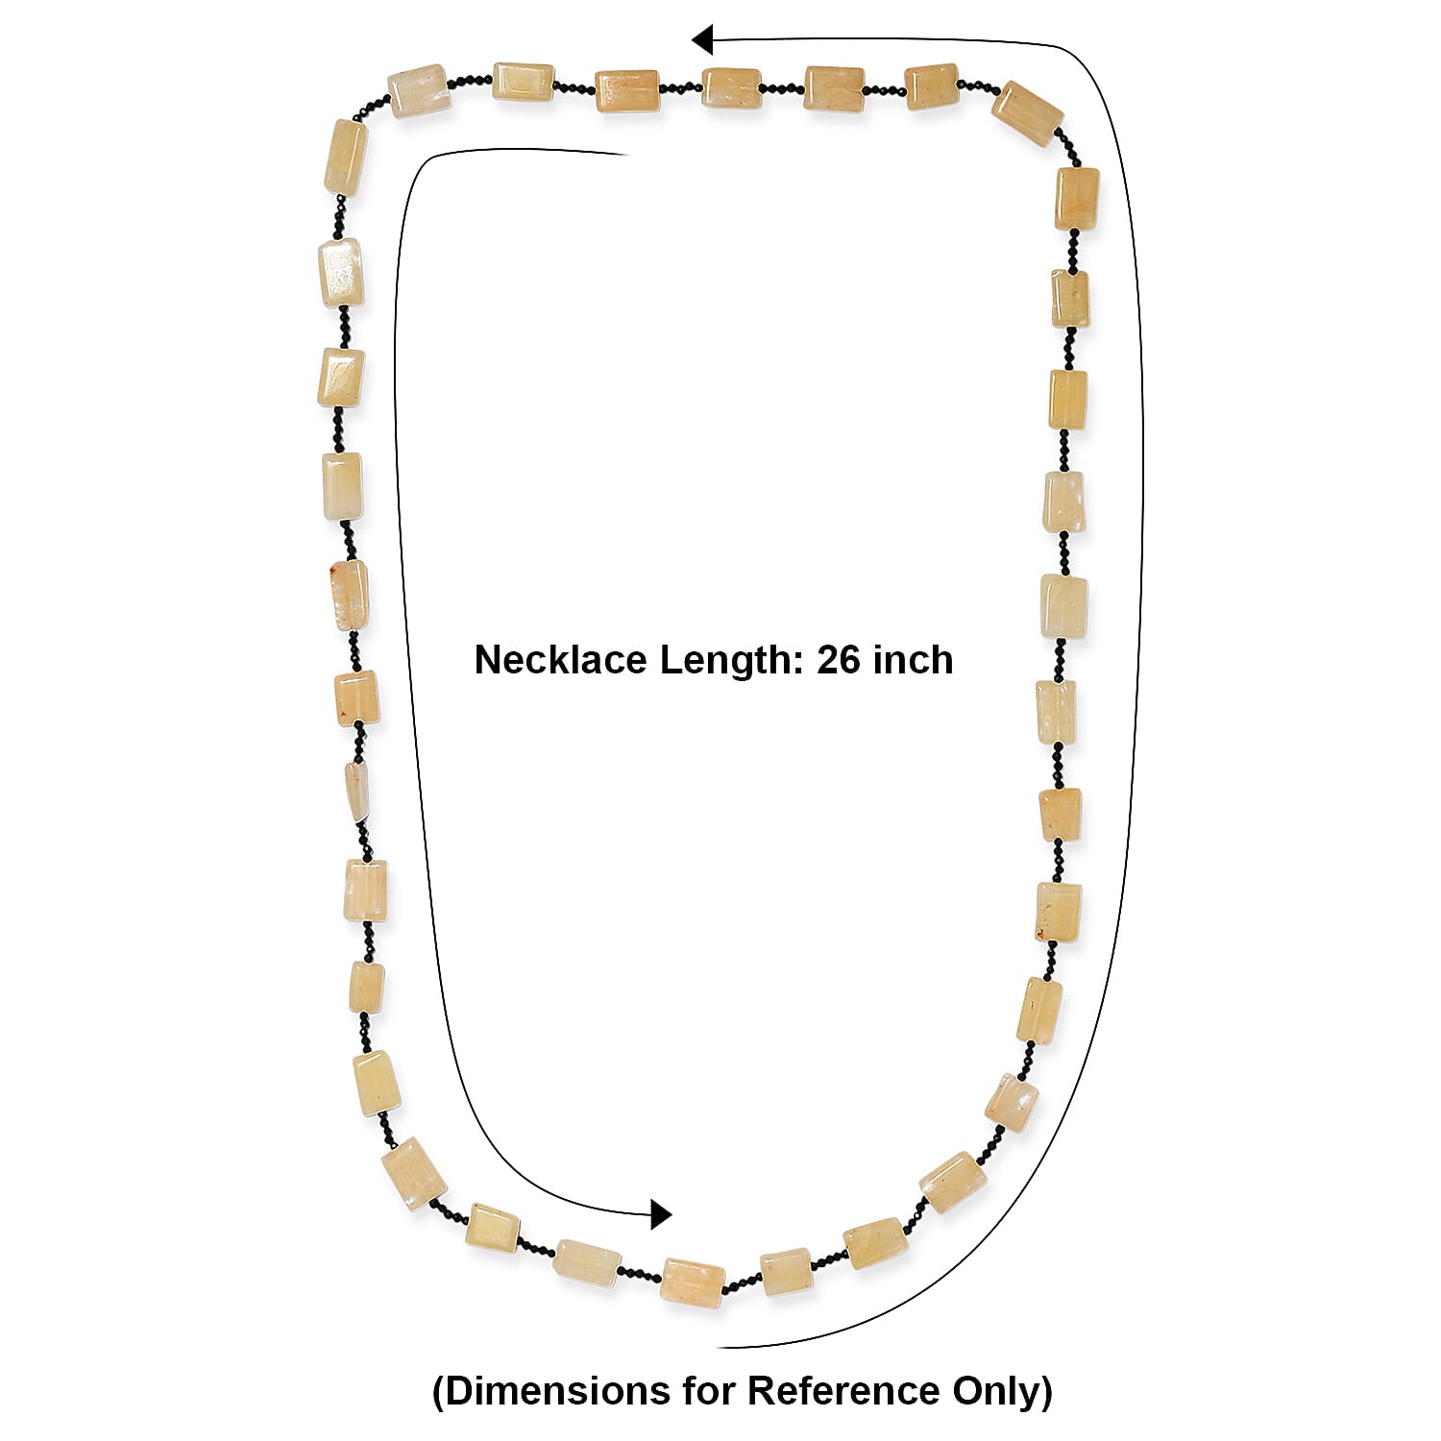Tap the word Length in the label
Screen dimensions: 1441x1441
coord(726,660)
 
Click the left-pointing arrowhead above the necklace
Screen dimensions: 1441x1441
coord(702,40)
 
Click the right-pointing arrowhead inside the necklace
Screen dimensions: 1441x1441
coord(661,1214)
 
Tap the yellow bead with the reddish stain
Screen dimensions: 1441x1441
coord(347,595)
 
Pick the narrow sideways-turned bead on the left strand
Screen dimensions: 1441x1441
coord(354,793)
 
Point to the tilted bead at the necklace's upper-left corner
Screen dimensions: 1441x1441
coord(420,90)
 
